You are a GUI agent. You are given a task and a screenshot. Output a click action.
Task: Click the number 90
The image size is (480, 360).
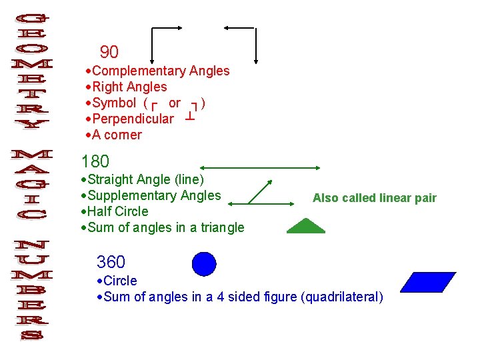point(109,52)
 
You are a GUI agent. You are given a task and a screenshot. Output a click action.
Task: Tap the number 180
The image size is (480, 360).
point(95,161)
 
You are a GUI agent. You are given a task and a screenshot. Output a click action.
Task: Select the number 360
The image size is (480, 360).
point(111,262)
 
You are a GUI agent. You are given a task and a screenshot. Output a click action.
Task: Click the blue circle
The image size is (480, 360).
point(204,264)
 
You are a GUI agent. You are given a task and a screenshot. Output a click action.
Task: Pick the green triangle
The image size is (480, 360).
point(306,227)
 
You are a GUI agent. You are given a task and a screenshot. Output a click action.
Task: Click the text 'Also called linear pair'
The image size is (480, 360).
point(374,198)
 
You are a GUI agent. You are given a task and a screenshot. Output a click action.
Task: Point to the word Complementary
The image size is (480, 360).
point(139,71)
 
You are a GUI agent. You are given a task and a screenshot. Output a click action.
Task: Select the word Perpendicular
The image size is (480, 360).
point(133,119)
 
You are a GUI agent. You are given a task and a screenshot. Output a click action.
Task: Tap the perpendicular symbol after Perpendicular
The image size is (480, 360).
point(190,117)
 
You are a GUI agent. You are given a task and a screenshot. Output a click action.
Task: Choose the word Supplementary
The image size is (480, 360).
point(135,195)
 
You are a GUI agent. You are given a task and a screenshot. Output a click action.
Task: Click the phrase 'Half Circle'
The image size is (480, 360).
point(117,211)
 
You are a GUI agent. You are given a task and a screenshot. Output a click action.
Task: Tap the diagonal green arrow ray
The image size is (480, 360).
point(260,192)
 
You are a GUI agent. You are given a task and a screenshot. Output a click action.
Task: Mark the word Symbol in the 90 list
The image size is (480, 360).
point(114,103)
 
